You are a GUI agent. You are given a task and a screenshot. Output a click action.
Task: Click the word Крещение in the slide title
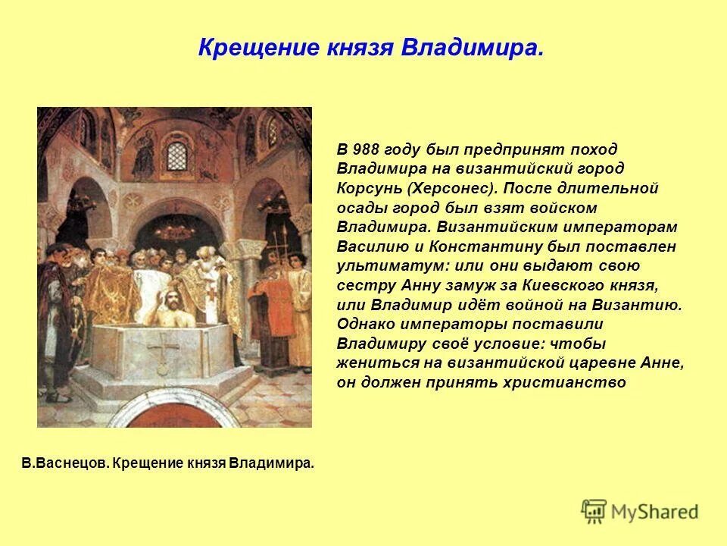[x=243, y=49]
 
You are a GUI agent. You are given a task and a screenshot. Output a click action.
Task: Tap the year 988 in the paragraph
[x=367, y=149]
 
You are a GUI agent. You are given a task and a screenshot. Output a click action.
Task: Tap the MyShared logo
[x=641, y=510]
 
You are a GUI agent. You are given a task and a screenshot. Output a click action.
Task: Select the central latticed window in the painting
[x=176, y=156]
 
